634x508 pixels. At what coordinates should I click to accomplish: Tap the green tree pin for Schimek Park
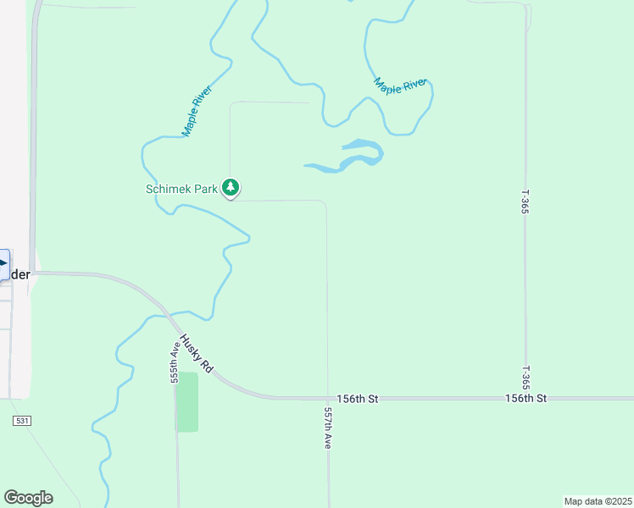[231, 187]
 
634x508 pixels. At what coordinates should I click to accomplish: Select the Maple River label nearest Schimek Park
[197, 110]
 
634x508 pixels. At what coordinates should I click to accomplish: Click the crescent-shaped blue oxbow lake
[356, 158]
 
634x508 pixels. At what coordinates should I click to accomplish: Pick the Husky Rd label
[195, 353]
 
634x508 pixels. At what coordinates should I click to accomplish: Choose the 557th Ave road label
[328, 427]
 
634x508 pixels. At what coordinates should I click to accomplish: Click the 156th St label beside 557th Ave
[356, 398]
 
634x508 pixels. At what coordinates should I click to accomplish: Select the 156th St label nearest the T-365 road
[526, 398]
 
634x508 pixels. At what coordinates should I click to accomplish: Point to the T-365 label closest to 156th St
[526, 376]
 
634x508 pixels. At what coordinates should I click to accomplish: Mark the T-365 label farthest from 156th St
[526, 201]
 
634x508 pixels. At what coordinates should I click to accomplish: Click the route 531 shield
[21, 421]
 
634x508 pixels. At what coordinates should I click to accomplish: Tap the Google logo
[28, 498]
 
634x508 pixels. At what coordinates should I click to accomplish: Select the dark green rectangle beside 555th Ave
[186, 402]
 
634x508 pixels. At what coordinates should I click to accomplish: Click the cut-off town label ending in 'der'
[19, 275]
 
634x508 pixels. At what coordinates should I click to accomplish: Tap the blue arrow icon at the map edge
[4, 264]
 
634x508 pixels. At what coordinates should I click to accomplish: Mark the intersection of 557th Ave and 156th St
[328, 397]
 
